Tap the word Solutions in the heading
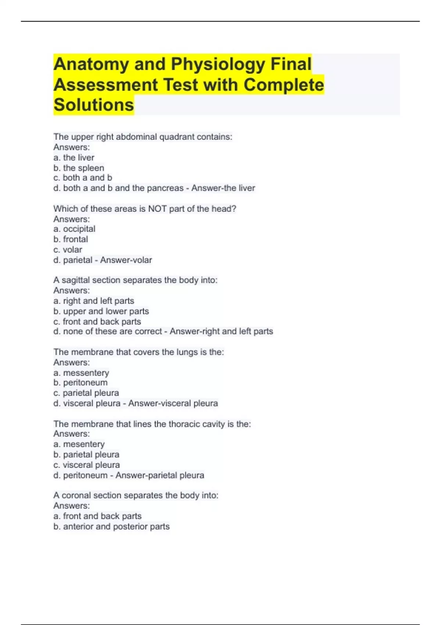pos(94,105)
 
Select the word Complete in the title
pos(284,85)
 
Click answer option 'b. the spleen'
pos(79,168)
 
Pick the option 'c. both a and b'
pos(83,178)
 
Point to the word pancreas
pos(167,188)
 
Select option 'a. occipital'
pos(74,229)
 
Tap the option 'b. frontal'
pos(71,239)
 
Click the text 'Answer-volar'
pos(126,260)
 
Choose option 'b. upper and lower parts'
pos(101,311)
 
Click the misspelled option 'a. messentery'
pos(81,373)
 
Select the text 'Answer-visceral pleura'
pos(173,403)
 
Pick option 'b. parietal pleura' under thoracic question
pos(86,454)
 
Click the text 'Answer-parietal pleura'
pos(159,475)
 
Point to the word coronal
pos(76,496)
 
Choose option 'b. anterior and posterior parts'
pos(111,526)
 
